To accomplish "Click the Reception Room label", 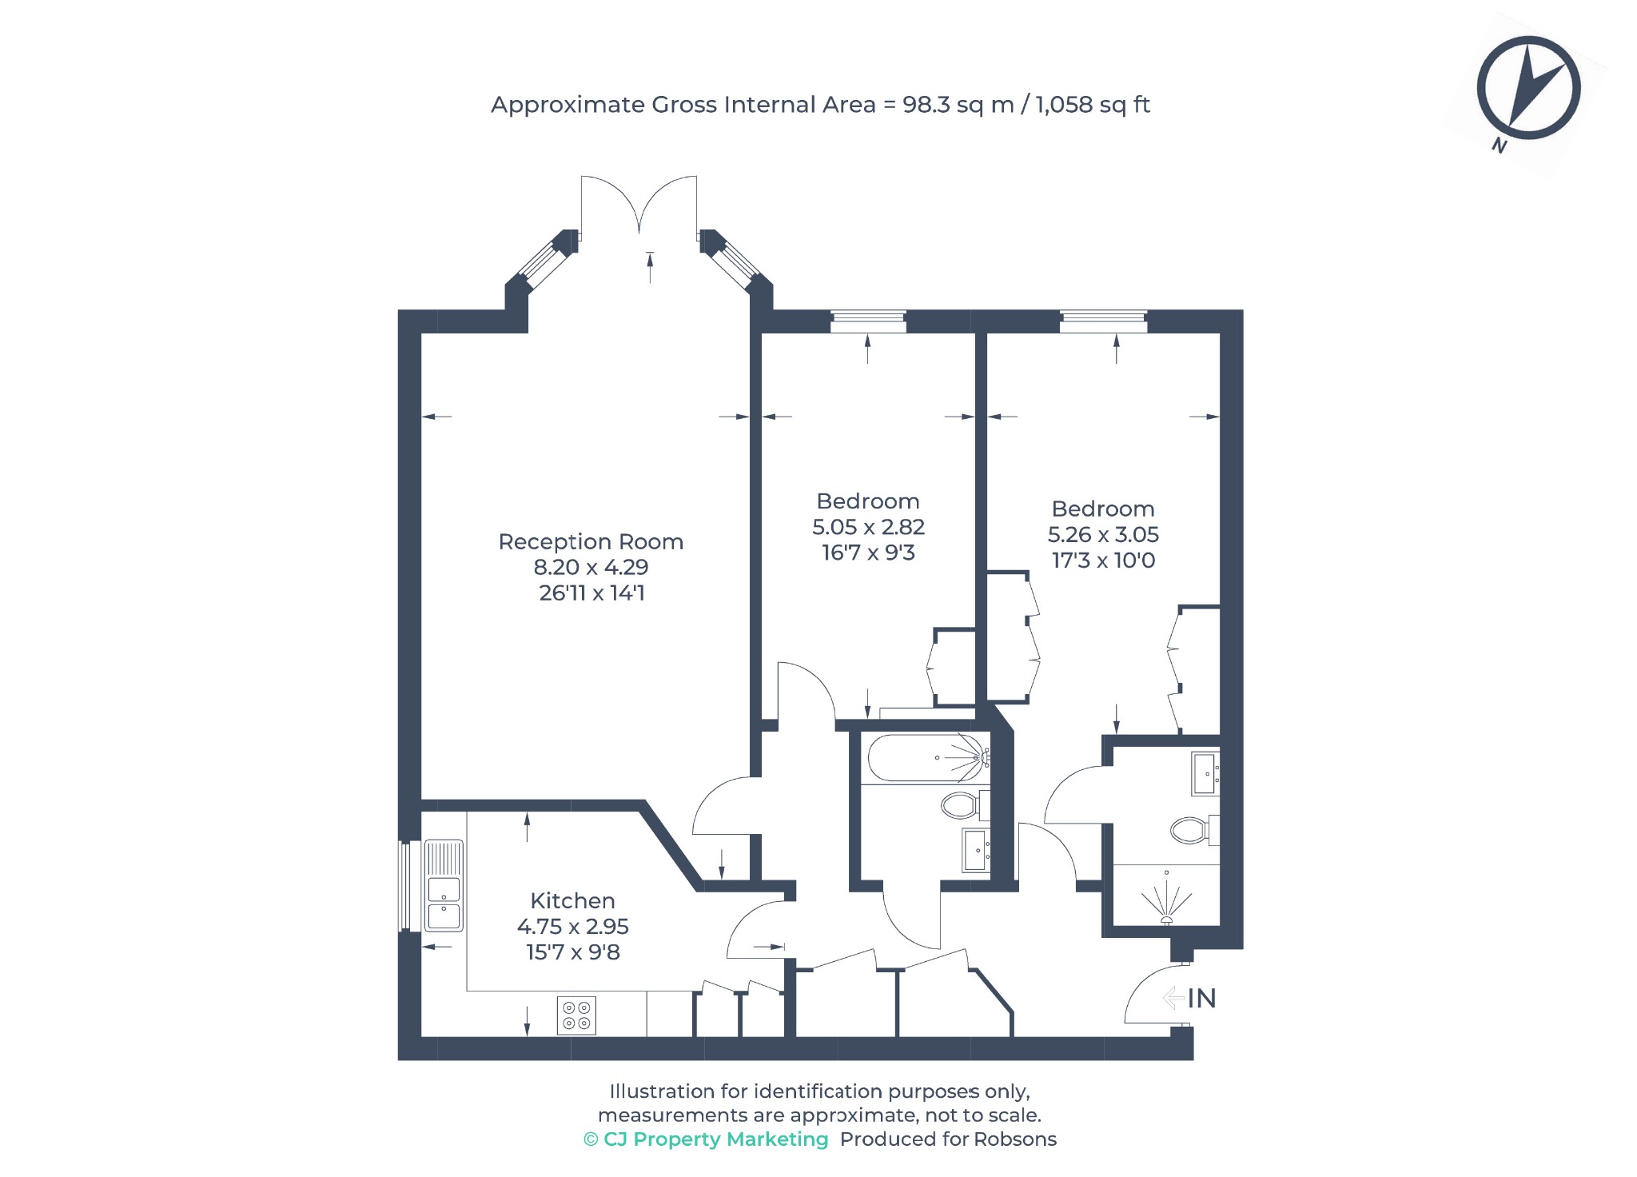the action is (591, 541).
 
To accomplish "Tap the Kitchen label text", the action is (572, 900).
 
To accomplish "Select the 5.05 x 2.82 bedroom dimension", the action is (868, 527).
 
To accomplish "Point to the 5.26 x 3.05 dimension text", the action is (1103, 534).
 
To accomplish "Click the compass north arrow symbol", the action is (1528, 88).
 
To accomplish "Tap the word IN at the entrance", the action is (1201, 998).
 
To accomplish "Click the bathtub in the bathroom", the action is (929, 757).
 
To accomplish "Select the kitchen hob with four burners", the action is (576, 1015).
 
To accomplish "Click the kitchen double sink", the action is (444, 886).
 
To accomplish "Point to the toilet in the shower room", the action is (1194, 830).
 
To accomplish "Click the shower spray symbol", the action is (1167, 900).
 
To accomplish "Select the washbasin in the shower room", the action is (1205, 773).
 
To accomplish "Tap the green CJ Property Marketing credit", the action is (706, 1139).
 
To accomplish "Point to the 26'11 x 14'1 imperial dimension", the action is (591, 592).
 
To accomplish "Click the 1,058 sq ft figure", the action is (1093, 105).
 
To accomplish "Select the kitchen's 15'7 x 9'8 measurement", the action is (572, 952).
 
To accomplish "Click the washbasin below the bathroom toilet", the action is (976, 849).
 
